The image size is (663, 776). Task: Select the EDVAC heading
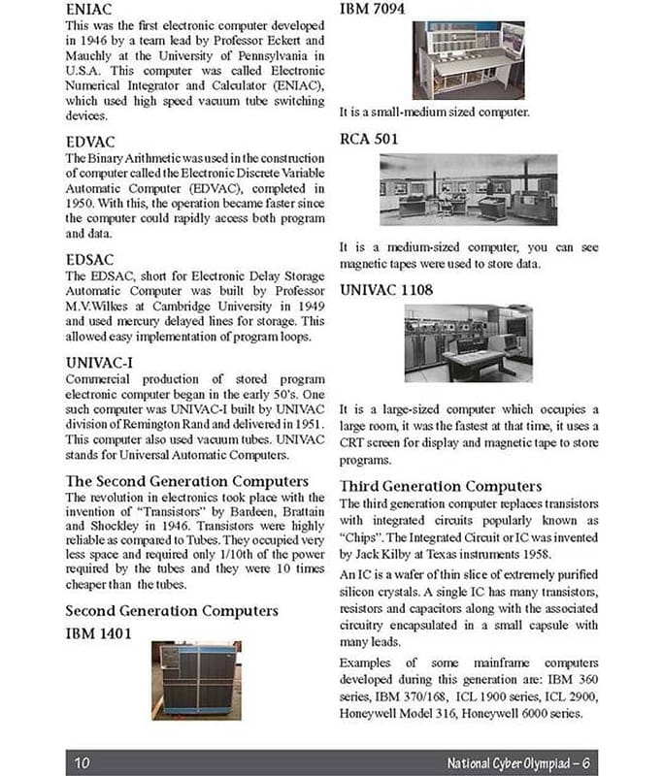pyautogui.click(x=91, y=144)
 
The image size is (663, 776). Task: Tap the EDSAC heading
pyautogui.click(x=90, y=260)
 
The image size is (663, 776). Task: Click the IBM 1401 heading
pyautogui.click(x=99, y=633)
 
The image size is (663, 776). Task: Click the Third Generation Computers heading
pyautogui.click(x=441, y=485)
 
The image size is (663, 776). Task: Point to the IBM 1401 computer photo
pyautogui.click(x=194, y=679)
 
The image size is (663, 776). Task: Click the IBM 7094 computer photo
pyautogui.click(x=468, y=60)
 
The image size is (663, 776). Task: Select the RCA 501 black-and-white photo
pyautogui.click(x=467, y=190)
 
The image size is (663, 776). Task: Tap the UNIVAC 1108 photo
pyautogui.click(x=468, y=343)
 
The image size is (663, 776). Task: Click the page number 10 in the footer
pyautogui.click(x=82, y=761)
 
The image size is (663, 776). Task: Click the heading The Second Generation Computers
pyautogui.click(x=186, y=481)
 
